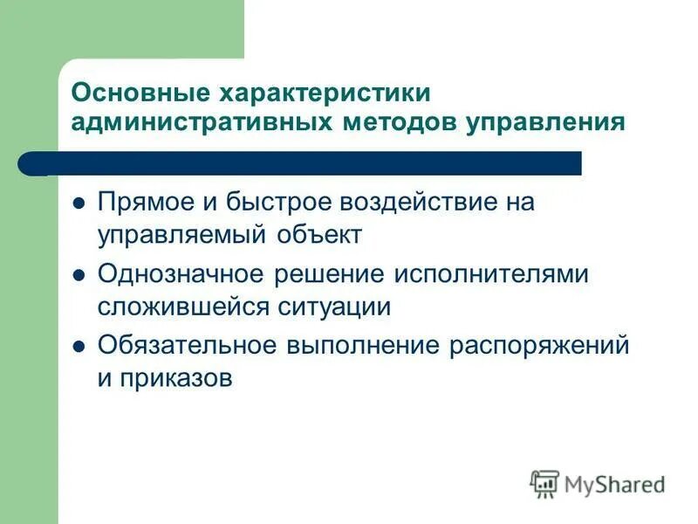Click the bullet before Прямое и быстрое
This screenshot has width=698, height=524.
(x=78, y=203)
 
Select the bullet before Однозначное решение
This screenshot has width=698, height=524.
(x=78, y=274)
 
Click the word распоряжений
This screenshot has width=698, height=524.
(x=539, y=345)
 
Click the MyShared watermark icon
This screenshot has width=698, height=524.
(x=544, y=483)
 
